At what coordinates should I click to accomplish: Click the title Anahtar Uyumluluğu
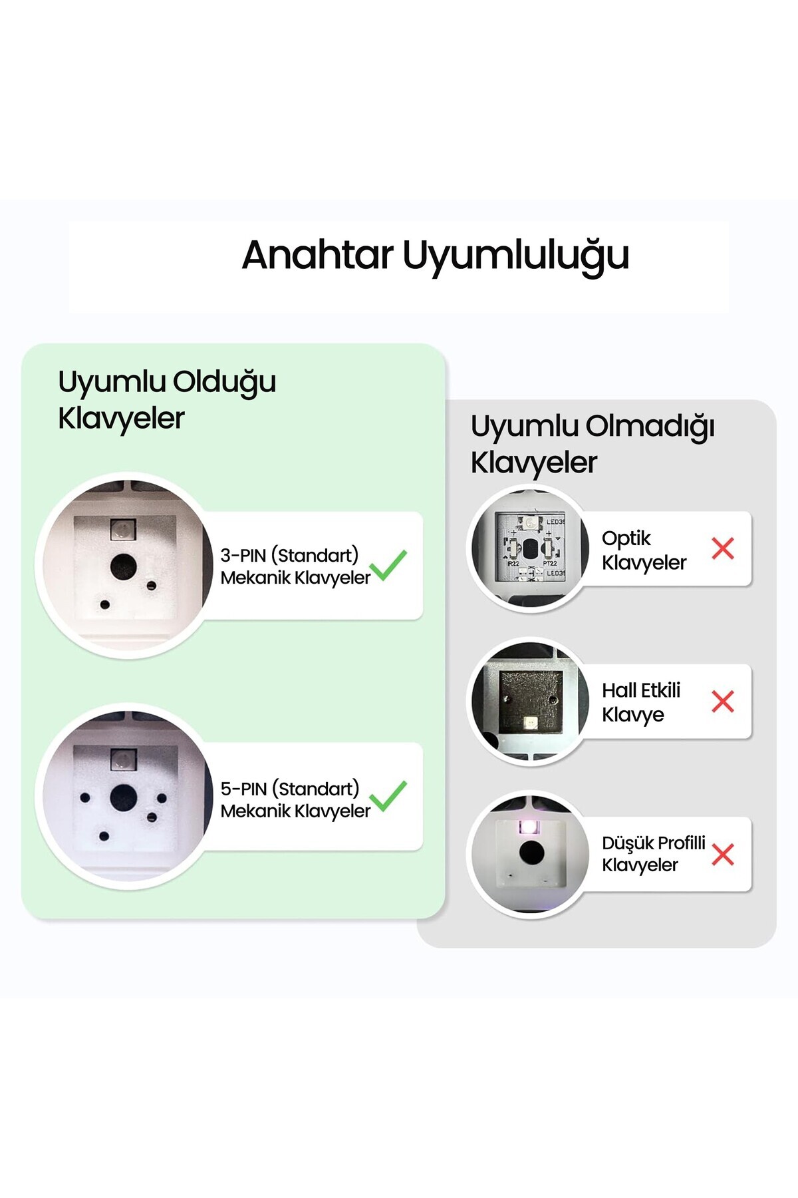click(436, 256)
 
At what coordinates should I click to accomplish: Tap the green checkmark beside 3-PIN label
click(388, 565)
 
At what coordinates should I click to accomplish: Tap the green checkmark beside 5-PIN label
click(388, 796)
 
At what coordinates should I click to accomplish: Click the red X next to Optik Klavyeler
click(723, 548)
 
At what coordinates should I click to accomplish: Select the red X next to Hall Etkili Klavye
click(723, 701)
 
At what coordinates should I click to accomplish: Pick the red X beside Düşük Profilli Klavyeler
click(723, 855)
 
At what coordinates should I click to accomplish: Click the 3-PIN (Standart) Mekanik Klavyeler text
click(295, 566)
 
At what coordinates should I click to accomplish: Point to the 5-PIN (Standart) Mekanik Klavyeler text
click(295, 799)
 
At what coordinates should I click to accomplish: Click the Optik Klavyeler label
click(644, 550)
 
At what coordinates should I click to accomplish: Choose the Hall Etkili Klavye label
click(641, 702)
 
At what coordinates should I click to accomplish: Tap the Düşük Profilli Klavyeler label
click(654, 854)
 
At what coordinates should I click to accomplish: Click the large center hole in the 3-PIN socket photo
click(123, 566)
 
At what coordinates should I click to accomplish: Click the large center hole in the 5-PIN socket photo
click(123, 797)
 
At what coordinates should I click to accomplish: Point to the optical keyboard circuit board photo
click(530, 548)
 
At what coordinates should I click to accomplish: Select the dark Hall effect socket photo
click(530, 701)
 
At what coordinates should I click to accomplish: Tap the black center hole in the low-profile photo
click(531, 853)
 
